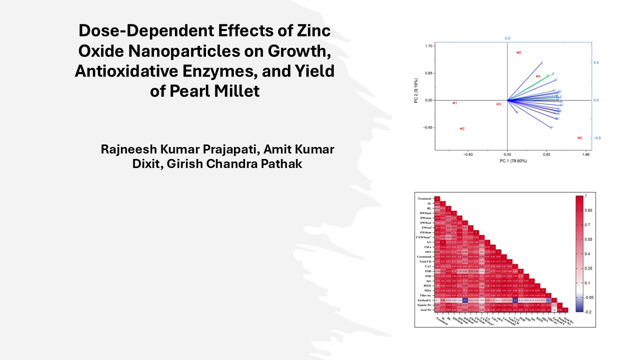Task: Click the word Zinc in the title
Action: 312,31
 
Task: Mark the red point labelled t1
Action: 453,103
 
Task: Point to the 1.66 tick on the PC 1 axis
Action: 586,155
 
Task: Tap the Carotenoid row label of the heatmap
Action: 424,256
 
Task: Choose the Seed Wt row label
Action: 426,310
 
